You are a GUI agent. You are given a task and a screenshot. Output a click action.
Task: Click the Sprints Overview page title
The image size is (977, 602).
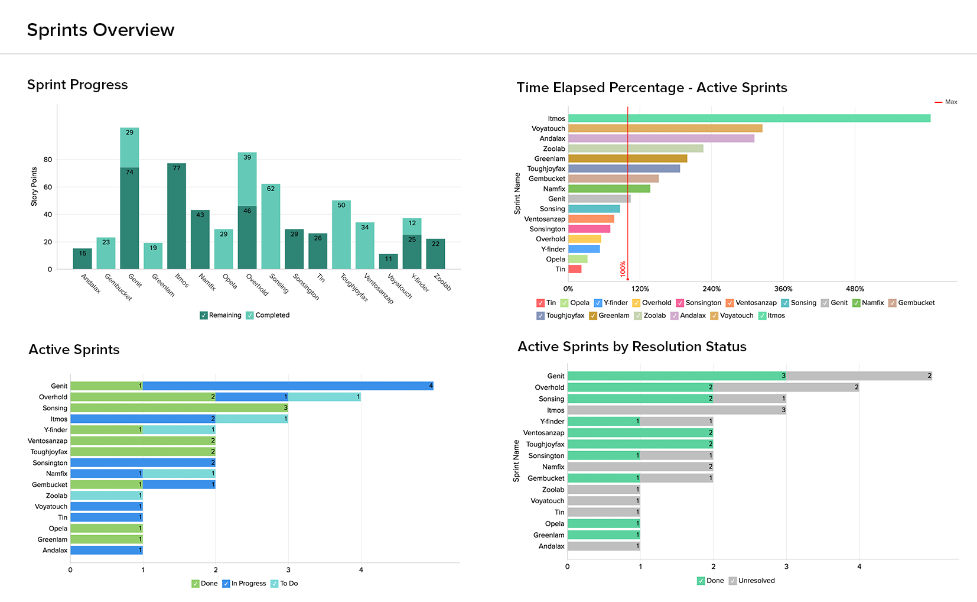click(100, 30)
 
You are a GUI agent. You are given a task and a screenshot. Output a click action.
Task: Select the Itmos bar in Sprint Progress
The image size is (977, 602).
click(177, 216)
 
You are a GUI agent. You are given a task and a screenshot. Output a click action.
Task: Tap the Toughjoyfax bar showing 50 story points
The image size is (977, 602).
click(341, 235)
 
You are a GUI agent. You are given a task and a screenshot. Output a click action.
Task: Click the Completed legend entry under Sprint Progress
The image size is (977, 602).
click(268, 315)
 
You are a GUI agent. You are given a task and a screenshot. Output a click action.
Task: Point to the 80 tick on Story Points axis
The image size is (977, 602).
click(48, 160)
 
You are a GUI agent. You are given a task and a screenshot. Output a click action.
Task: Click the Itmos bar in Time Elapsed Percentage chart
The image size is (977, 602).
click(749, 118)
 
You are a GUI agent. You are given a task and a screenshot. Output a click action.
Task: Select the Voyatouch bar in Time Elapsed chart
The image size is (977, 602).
click(665, 128)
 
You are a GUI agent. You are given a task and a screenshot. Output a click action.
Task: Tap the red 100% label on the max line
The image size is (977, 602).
click(623, 269)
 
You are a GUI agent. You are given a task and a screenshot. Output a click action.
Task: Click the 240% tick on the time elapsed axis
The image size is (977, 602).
click(712, 289)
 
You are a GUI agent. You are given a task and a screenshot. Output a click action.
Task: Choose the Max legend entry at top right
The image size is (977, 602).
click(946, 102)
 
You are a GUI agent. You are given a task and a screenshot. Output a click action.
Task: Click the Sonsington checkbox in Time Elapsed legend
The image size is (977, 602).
click(680, 303)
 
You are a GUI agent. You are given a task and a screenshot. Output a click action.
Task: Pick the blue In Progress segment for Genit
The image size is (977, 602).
click(288, 386)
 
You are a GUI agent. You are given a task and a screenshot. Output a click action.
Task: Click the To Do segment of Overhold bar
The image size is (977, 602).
click(324, 397)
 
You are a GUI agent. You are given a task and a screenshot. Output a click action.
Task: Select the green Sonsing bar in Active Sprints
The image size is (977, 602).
click(179, 408)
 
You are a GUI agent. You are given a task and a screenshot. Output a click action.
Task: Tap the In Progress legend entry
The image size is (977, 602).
click(245, 584)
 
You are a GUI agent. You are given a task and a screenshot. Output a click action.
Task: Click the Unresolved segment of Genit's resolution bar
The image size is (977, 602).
click(859, 376)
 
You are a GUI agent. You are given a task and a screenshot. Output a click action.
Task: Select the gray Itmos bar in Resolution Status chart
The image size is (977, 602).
click(676, 410)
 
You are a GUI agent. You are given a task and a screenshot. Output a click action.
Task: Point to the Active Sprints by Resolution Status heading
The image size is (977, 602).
click(631, 347)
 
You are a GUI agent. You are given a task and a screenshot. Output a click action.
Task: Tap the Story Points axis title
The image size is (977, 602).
click(34, 186)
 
